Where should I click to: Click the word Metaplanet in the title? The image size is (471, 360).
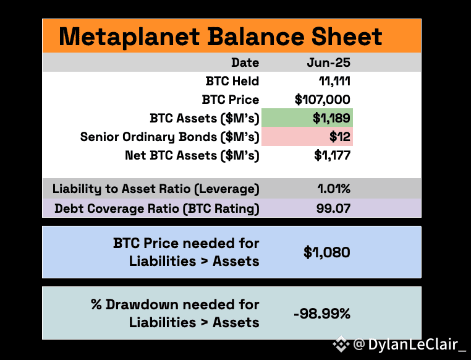point(129,36)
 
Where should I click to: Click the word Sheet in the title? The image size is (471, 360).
point(347,36)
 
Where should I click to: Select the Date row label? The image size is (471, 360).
point(245,62)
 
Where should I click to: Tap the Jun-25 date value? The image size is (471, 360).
point(329,62)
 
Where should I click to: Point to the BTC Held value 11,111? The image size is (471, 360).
point(334,81)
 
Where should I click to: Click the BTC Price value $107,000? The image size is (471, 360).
point(322,100)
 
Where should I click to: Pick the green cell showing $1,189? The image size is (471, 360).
point(307,118)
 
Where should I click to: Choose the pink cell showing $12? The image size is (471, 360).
point(307,137)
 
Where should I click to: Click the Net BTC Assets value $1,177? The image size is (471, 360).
point(332,155)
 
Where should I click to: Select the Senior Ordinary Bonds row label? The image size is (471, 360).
point(170,137)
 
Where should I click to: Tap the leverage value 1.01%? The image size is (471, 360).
point(334,189)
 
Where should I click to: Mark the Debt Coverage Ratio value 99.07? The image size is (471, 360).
point(333,208)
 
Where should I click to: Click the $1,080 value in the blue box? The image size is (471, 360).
point(326,252)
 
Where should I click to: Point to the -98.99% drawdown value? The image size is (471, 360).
point(322,314)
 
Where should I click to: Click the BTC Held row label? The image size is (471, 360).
point(232,81)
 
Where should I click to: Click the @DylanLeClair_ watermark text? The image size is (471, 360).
point(409,344)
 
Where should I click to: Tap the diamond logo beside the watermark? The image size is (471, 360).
point(341,344)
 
